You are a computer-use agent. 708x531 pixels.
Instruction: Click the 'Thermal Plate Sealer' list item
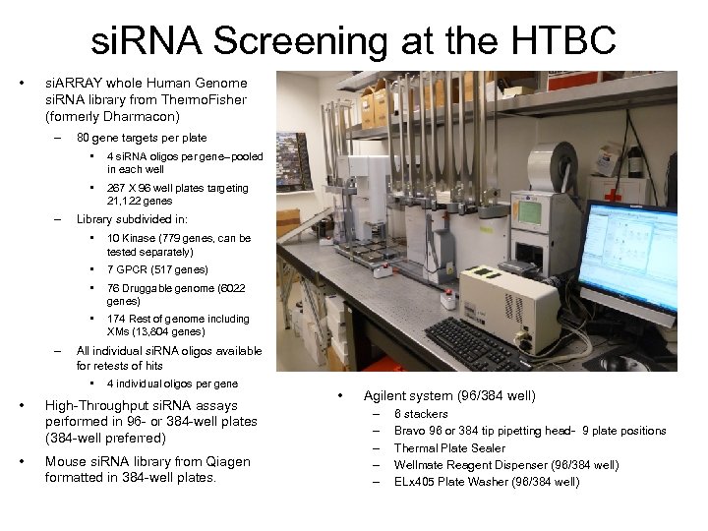click(x=449, y=447)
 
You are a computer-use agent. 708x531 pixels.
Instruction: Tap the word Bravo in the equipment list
click(x=411, y=431)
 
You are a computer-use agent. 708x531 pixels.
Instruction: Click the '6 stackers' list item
click(x=421, y=414)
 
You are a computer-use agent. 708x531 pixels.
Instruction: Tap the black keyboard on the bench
click(x=482, y=345)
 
